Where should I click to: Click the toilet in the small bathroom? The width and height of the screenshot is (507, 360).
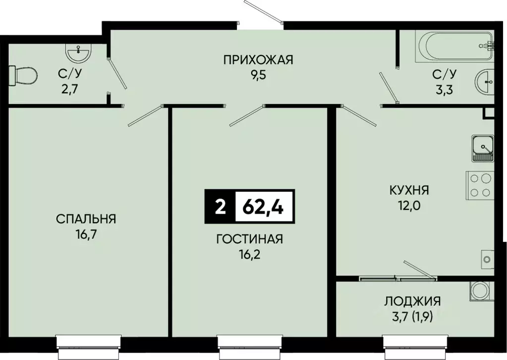click(23, 76)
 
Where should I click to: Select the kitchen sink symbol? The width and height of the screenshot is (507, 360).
click(482, 148)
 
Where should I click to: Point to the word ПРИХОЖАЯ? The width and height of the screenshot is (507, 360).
click(258, 60)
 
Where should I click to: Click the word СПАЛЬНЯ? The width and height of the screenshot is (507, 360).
click(86, 219)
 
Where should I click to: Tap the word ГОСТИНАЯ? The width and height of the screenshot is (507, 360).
click(249, 240)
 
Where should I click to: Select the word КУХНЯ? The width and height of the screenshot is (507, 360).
click(409, 190)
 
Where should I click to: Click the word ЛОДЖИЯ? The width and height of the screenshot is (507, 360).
click(412, 300)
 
